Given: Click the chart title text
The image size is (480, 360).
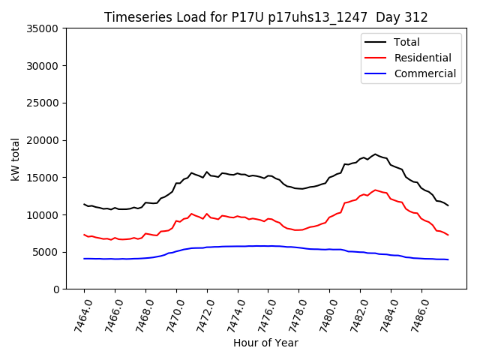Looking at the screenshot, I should (x=265, y=17).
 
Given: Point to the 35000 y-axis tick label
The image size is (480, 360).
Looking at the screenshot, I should (x=42, y=28).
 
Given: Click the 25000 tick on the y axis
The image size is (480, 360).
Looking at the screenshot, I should (x=42, y=103).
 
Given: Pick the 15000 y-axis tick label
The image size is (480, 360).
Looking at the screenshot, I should (x=42, y=178).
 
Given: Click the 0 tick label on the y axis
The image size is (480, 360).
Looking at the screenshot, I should (x=55, y=289).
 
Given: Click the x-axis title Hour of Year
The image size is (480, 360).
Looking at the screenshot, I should (x=265, y=343).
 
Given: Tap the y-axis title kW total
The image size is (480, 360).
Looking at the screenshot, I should (x=15, y=159).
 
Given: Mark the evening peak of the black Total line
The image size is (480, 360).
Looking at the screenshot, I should (x=376, y=154).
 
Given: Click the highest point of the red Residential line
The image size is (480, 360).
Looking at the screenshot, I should (x=376, y=190).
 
